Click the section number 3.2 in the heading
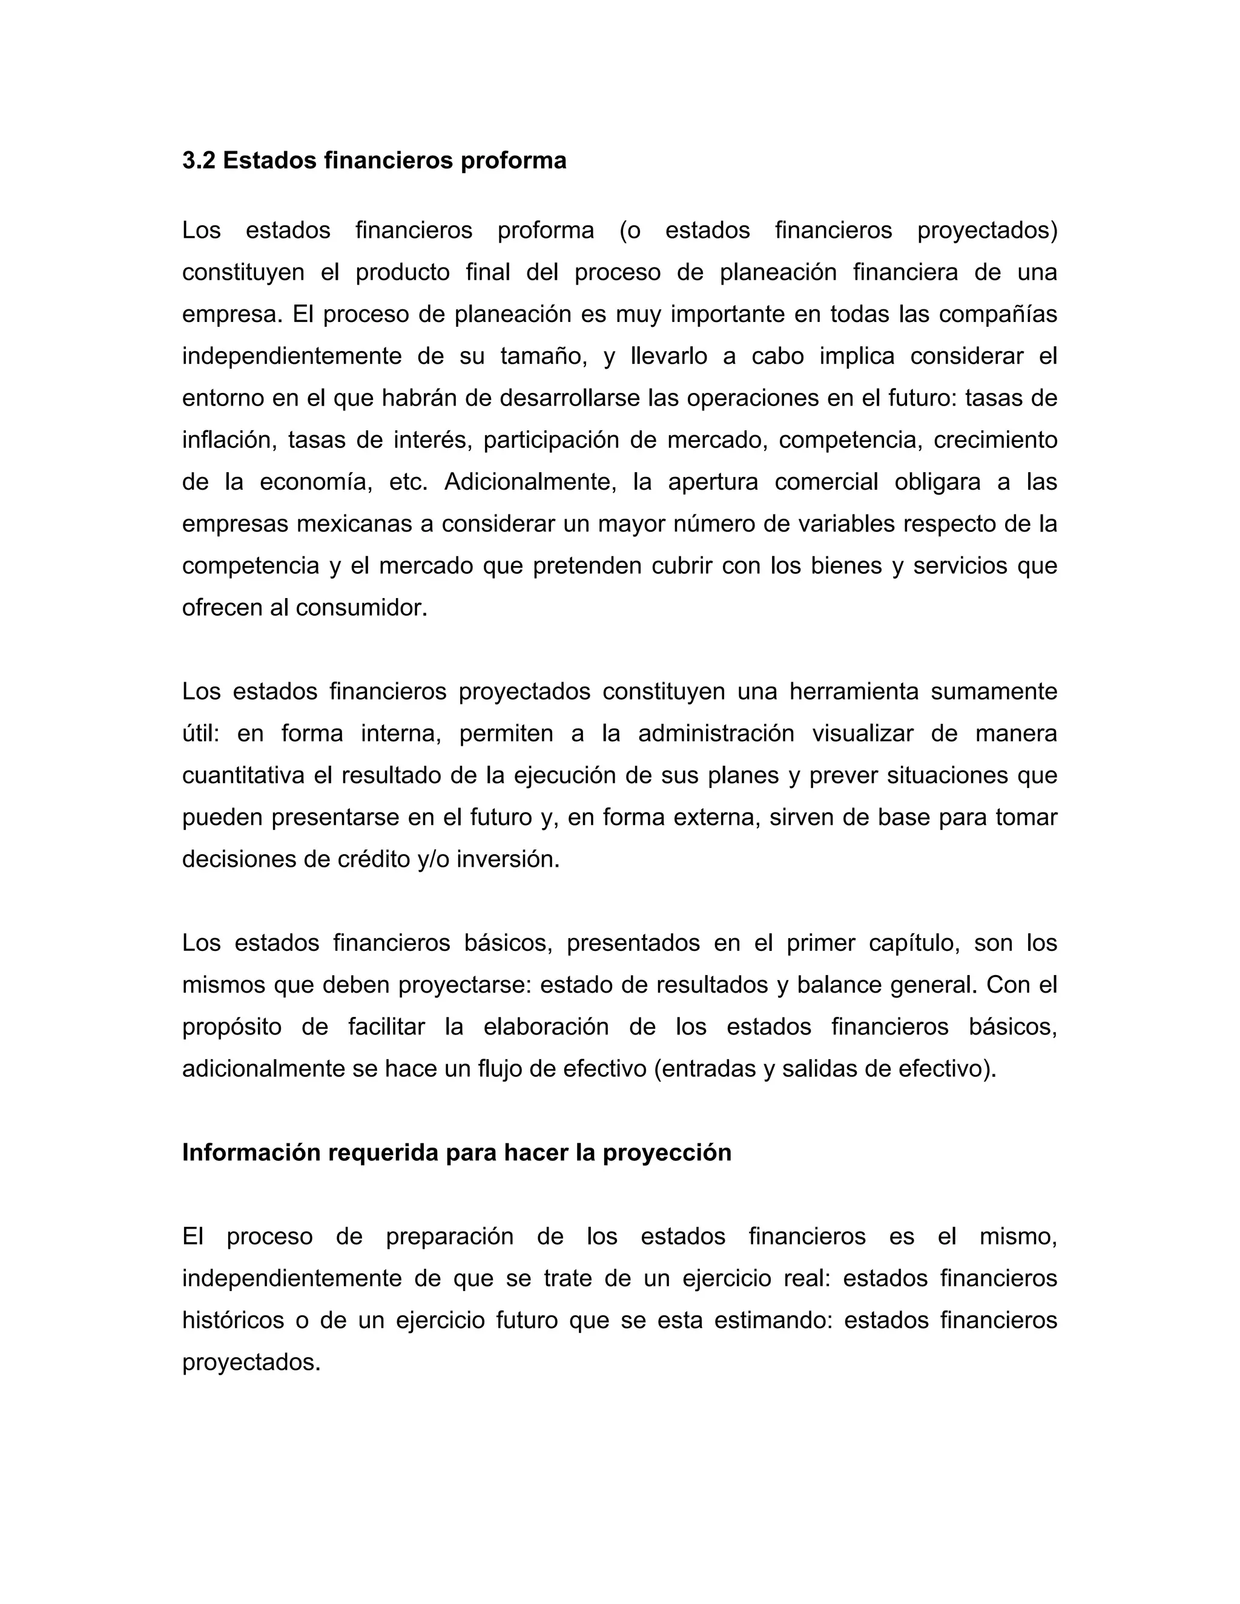coord(199,160)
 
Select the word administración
coord(716,734)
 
